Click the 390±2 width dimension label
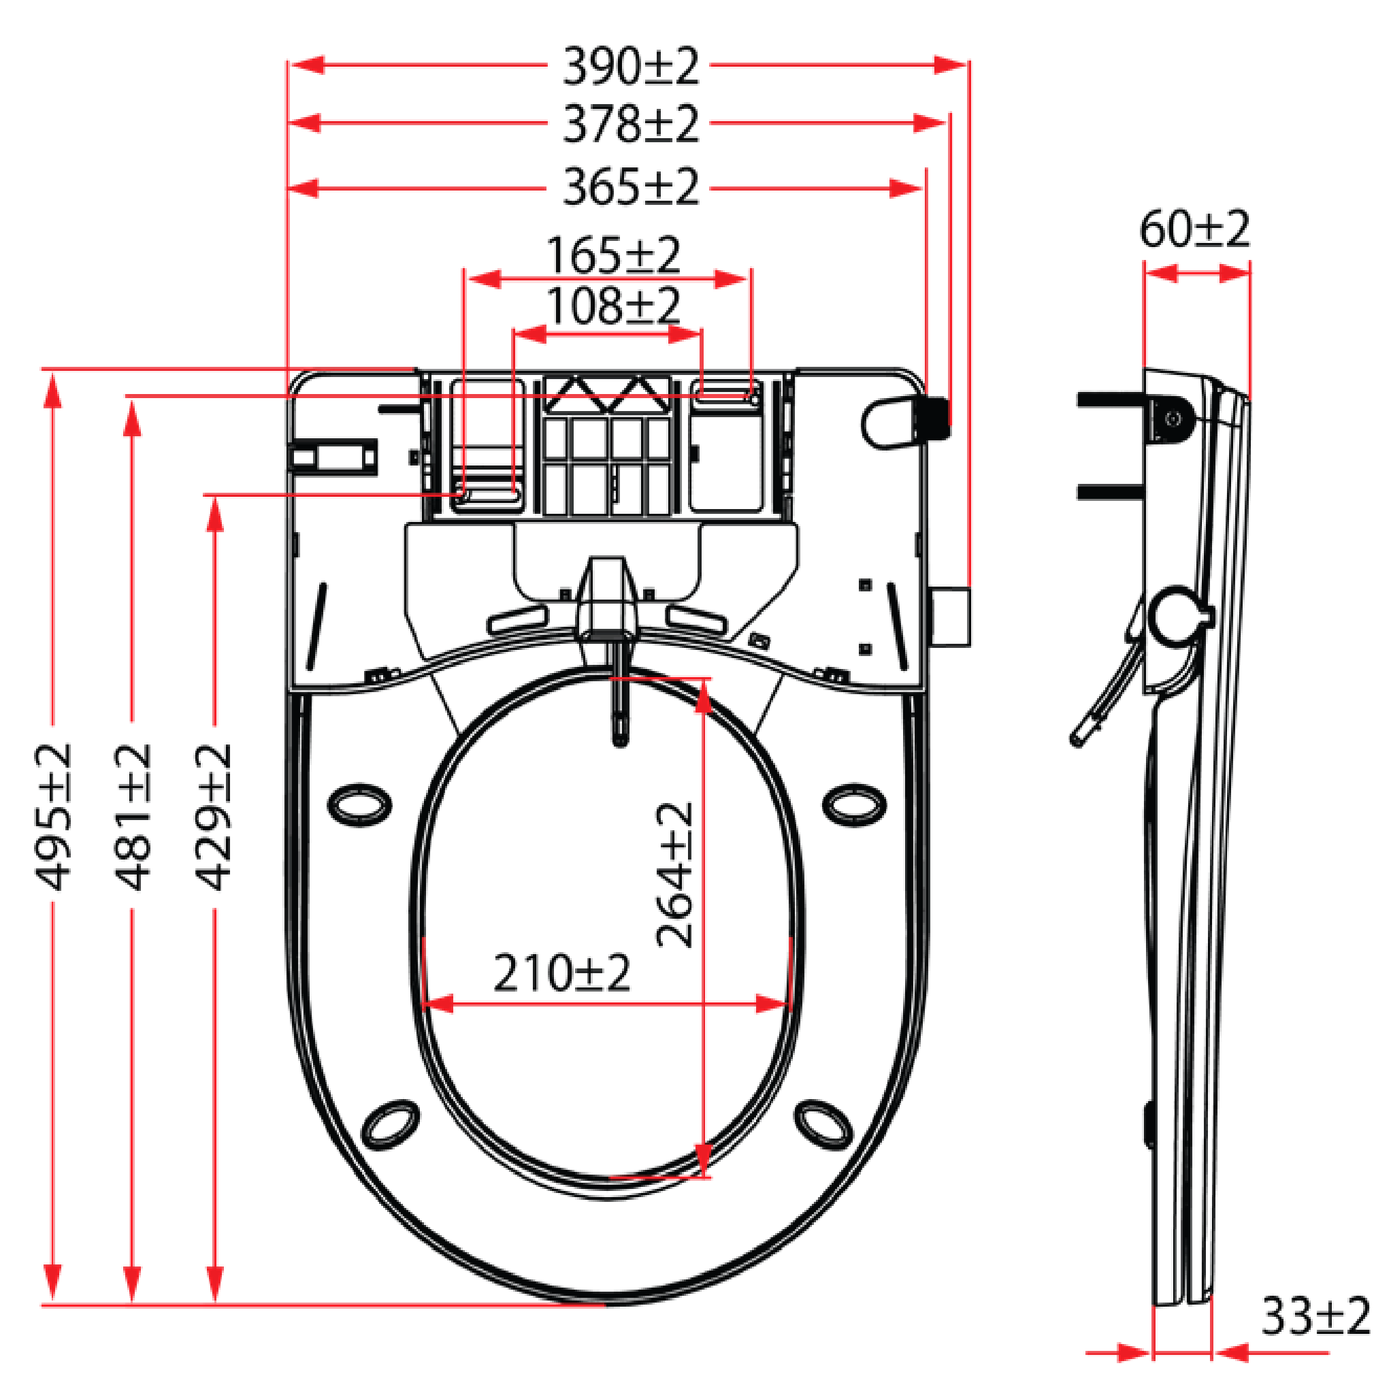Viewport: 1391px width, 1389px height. tap(630, 66)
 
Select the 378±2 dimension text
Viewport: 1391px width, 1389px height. tap(630, 124)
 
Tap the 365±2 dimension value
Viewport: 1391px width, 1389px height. tap(630, 187)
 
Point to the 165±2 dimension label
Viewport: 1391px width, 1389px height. tap(612, 255)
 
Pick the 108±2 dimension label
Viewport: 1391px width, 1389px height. tap(612, 306)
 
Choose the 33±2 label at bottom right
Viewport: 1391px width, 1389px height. tap(1315, 1316)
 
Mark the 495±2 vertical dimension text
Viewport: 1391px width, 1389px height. tap(53, 817)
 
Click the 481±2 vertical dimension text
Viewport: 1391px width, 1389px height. tap(133, 817)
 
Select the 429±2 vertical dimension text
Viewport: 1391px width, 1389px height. tap(214, 817)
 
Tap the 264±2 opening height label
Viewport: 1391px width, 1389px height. tap(674, 875)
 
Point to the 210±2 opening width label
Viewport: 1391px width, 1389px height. tap(561, 973)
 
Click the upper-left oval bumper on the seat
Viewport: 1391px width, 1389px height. tap(359, 805)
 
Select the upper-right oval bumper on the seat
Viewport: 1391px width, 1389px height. tap(854, 805)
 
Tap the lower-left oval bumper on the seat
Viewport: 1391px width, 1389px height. tap(390, 1125)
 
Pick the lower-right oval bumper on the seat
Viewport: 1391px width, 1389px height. tap(825, 1125)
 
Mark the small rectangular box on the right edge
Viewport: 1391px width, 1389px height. tap(951, 617)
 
